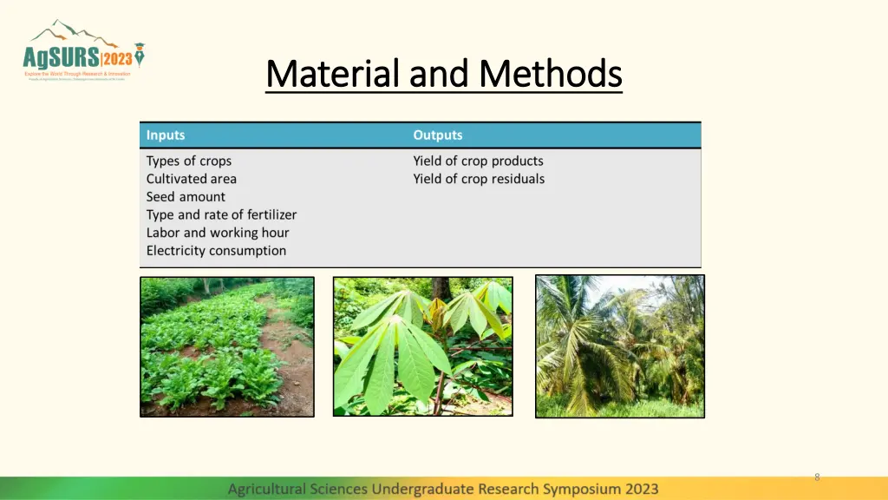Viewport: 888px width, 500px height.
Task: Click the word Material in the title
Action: point(334,74)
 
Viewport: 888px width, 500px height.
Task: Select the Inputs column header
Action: point(165,135)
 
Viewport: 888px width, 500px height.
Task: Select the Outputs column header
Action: point(437,135)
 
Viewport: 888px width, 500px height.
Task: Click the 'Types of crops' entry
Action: point(188,161)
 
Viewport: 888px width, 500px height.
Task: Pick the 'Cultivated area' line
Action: point(191,179)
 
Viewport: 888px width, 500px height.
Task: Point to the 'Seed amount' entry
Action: point(185,197)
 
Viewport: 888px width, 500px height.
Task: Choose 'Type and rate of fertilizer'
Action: point(221,215)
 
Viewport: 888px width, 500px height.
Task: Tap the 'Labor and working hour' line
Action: point(217,233)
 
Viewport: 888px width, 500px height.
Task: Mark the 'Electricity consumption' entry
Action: point(216,251)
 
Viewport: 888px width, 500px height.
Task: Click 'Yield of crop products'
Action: point(478,161)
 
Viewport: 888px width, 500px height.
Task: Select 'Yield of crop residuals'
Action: point(479,179)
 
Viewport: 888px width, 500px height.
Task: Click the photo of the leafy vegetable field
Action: point(226,346)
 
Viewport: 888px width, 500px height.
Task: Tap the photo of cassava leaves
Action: point(422,346)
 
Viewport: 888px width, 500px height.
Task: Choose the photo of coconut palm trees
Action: point(619,346)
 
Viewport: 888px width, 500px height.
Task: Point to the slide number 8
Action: point(816,477)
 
